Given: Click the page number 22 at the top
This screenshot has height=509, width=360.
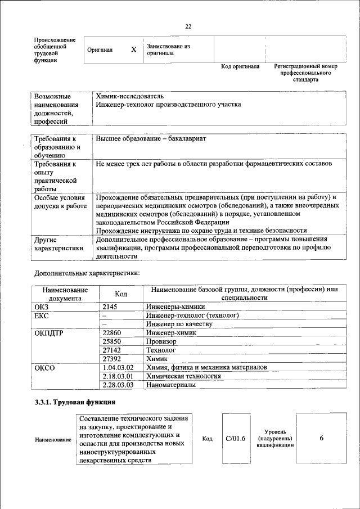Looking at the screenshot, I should pos(188,26).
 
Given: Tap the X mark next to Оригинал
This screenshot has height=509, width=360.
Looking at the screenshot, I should pos(133,49).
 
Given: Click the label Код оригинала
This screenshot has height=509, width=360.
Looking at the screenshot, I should pos(240,66).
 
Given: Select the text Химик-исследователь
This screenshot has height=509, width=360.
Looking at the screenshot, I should pos(130,96).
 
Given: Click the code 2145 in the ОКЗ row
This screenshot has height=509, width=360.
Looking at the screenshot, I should pos(111,307).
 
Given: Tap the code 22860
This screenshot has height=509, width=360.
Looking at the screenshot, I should pos(112,332).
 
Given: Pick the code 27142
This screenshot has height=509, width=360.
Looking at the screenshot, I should pos(112,350).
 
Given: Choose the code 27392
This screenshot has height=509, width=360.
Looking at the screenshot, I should pos(112,358).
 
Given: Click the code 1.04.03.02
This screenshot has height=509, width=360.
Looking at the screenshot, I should pos(118,367).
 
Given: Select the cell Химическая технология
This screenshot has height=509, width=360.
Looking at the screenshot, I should pos(183,376).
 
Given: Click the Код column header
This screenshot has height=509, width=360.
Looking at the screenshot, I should pos(121,294).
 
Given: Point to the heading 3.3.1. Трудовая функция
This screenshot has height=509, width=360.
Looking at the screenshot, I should pos(75,403).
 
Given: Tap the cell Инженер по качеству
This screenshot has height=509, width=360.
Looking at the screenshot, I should pos(179,324).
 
